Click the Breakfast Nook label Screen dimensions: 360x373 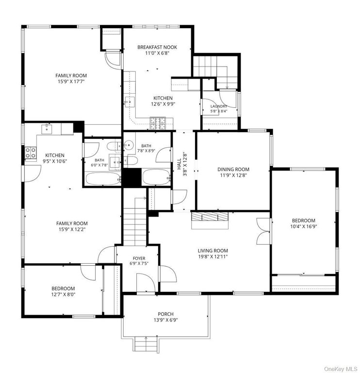157,47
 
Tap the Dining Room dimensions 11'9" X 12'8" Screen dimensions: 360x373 233,175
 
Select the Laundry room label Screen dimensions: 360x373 219,106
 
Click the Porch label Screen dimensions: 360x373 165,314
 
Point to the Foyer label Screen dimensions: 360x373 139,258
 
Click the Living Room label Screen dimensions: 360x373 213,251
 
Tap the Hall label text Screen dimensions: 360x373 179,164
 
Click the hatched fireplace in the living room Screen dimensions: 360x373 210,217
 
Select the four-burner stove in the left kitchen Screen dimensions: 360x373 31,153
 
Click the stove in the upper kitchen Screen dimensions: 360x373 158,123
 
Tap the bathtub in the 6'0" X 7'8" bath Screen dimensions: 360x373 103,179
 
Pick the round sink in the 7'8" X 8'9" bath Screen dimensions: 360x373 128,144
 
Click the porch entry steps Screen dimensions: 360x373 146,344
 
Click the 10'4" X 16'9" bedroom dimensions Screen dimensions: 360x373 303,226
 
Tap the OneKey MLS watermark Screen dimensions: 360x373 341,369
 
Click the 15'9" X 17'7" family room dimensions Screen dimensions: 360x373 71,82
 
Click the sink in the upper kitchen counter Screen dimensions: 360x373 130,102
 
